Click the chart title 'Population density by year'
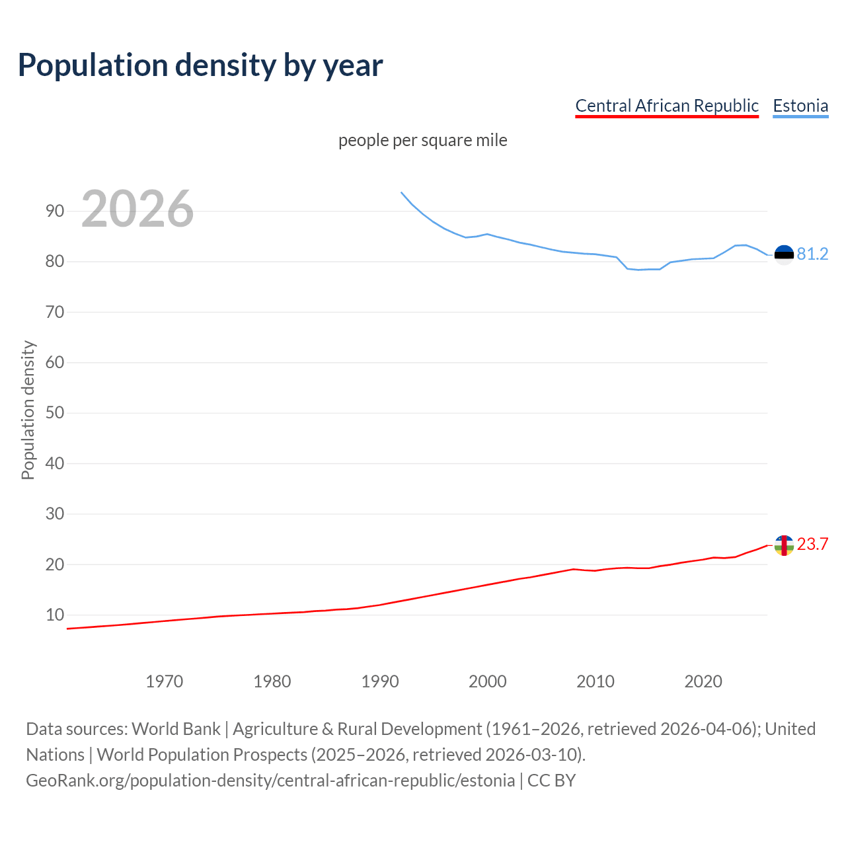[200, 65]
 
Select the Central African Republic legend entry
[666, 106]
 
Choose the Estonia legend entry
[800, 106]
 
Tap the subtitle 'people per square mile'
[422, 140]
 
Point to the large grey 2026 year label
[137, 209]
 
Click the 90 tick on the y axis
[55, 211]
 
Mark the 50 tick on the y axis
[55, 413]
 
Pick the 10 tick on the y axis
[55, 615]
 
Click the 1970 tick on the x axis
[164, 681]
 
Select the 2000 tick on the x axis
[487, 681]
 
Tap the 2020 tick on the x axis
[703, 681]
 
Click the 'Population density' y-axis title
[28, 410]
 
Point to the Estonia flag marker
[784, 254]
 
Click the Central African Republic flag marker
[784, 545]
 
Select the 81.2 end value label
[812, 254]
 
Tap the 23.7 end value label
[812, 545]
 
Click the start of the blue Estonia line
[402, 193]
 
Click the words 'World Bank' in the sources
[176, 729]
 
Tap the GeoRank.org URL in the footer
[270, 781]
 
